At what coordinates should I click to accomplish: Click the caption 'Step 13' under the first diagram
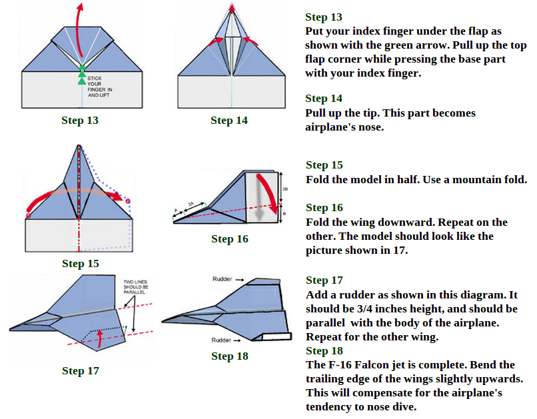(x=80, y=120)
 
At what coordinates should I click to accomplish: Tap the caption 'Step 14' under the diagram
(x=229, y=120)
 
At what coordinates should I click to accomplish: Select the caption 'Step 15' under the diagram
(x=81, y=263)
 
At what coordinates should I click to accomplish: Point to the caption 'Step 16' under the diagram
(x=230, y=238)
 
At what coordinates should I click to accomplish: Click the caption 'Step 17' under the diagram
(x=81, y=370)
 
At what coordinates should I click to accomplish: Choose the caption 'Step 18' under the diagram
(x=230, y=356)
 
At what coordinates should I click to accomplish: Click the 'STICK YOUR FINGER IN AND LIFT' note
(x=100, y=87)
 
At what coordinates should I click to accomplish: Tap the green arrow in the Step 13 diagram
(x=82, y=74)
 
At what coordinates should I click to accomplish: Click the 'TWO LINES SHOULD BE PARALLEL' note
(x=136, y=287)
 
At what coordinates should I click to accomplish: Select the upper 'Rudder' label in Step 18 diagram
(x=222, y=279)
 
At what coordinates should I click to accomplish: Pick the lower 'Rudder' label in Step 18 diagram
(x=221, y=340)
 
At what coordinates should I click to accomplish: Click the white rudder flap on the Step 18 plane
(x=276, y=336)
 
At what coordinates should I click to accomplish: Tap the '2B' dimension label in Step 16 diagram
(x=285, y=189)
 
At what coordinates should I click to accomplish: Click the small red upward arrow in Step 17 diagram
(x=100, y=338)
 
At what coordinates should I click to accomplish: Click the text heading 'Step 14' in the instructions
(x=324, y=98)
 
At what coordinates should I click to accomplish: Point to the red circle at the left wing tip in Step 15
(x=29, y=216)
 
